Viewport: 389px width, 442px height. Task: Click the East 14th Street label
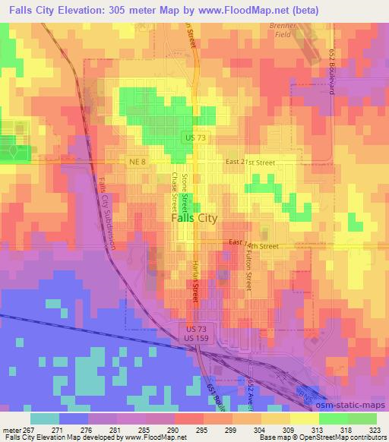click(x=254, y=246)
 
